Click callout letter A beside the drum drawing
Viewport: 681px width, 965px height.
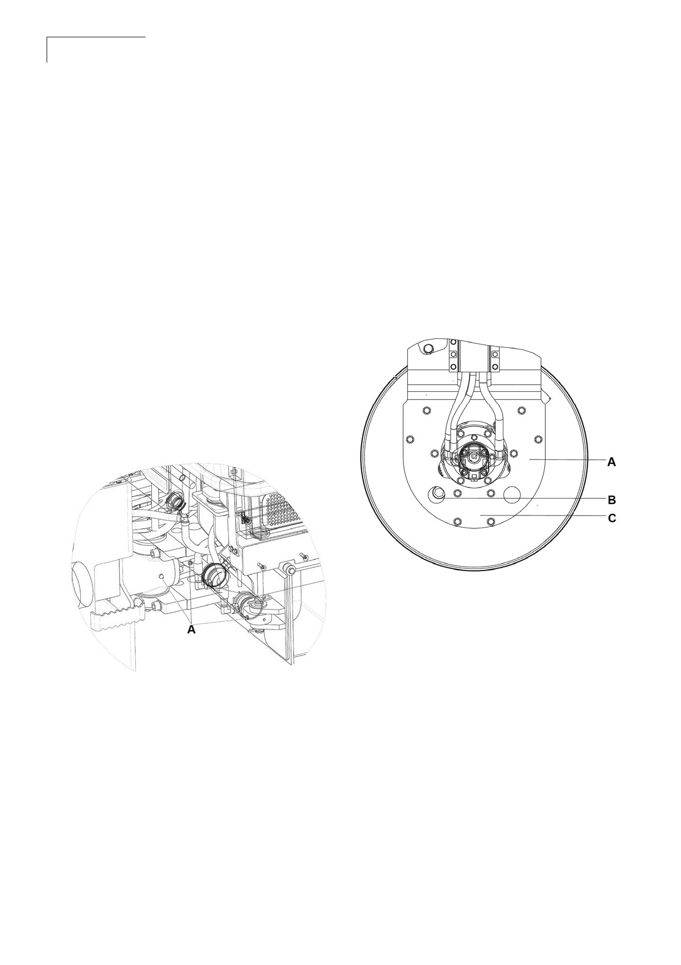(611, 463)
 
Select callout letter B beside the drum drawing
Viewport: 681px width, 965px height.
(611, 500)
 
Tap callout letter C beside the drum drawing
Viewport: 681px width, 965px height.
(611, 518)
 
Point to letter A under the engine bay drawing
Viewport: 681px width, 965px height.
(191, 630)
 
